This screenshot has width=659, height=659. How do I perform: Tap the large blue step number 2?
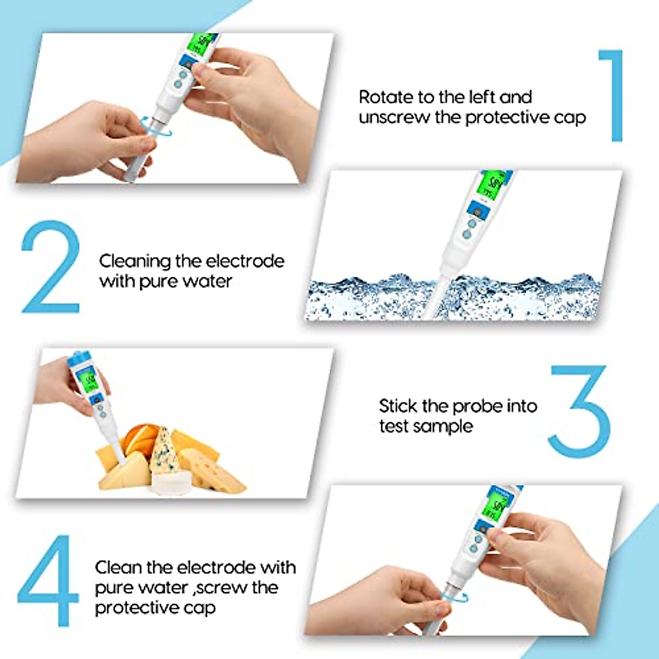[51, 266]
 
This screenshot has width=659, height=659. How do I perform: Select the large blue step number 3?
[579, 411]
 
